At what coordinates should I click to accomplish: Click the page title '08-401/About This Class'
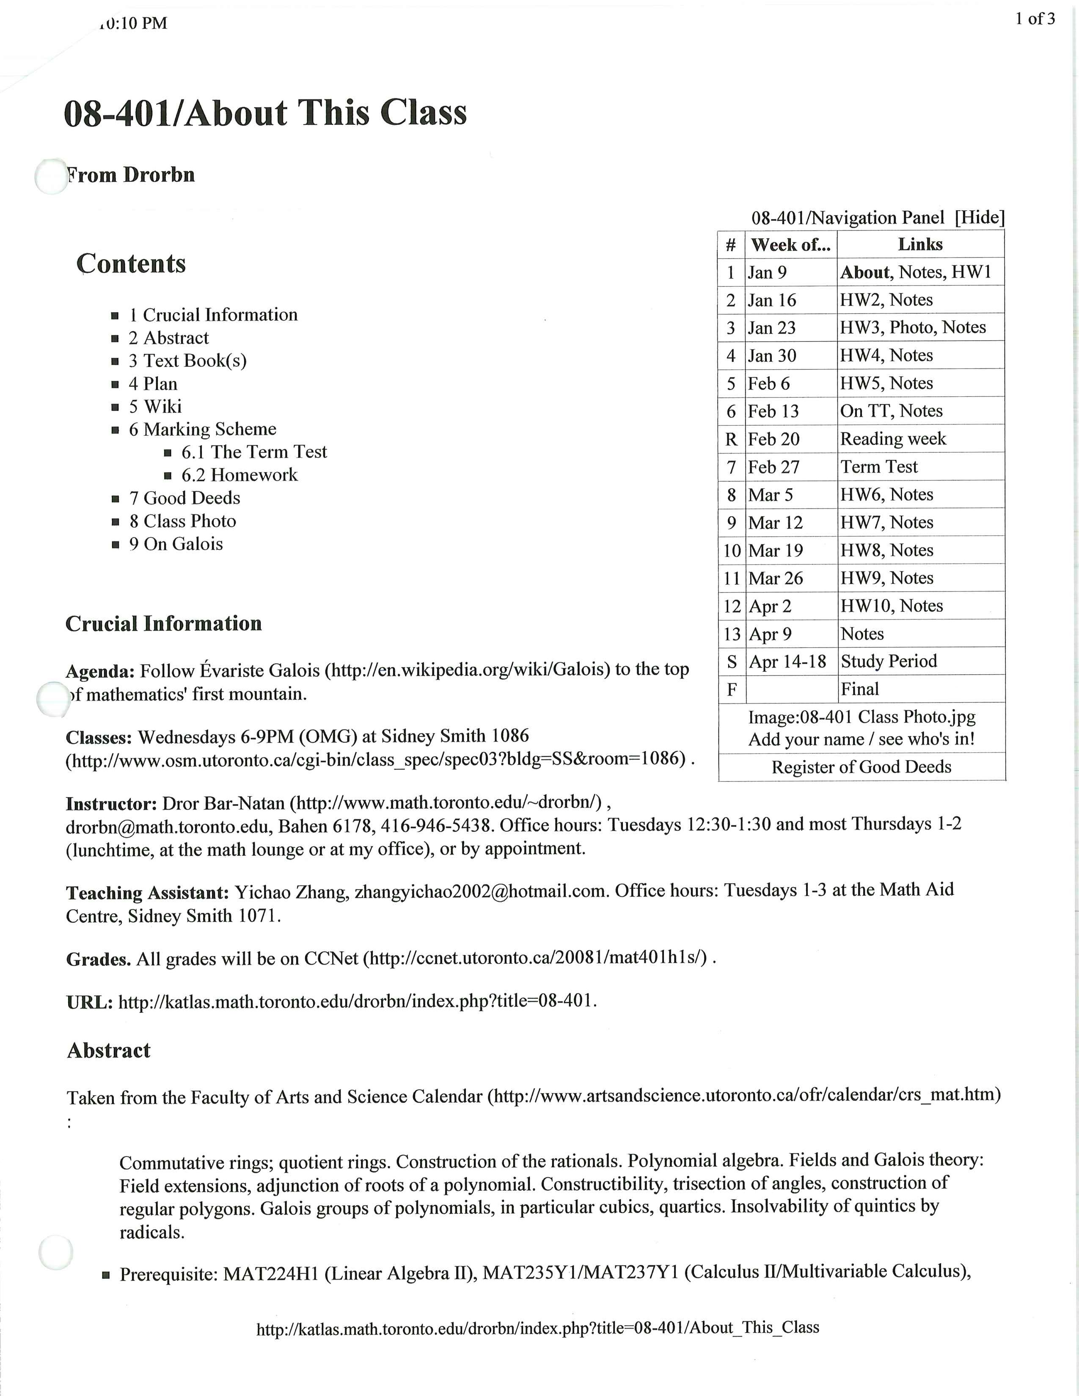point(265,113)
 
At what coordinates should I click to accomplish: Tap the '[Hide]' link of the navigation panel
point(979,217)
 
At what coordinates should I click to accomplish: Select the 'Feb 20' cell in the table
point(773,439)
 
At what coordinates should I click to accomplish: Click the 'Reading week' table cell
point(892,439)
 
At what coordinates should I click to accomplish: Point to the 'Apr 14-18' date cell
point(787,662)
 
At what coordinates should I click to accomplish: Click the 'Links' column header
point(920,244)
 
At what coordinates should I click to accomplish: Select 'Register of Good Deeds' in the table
point(861,767)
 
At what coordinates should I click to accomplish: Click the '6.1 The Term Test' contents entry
point(254,452)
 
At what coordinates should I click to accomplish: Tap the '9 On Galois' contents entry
point(176,544)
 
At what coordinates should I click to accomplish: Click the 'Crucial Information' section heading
point(164,624)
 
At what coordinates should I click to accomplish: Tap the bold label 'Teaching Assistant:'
point(147,893)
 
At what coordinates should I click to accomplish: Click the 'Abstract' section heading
point(109,1051)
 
